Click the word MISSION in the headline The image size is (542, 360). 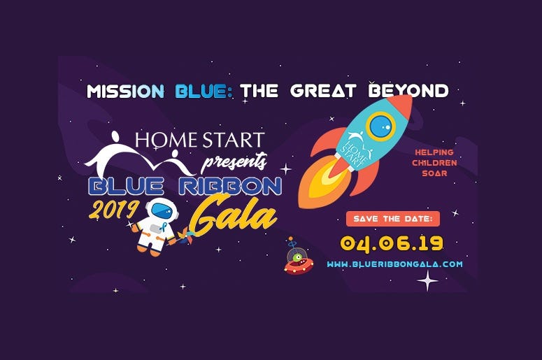(x=125, y=92)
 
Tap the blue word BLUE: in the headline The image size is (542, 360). (x=204, y=92)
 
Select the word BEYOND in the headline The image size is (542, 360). (x=408, y=91)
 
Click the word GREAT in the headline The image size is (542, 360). (x=323, y=91)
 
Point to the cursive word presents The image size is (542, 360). (x=234, y=161)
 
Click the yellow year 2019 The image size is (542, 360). (x=114, y=210)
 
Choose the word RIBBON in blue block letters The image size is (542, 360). (x=230, y=187)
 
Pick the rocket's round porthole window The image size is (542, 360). (x=380, y=126)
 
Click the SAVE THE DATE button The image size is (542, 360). (x=393, y=219)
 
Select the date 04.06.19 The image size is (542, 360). (x=392, y=243)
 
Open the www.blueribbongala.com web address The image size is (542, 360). (x=394, y=264)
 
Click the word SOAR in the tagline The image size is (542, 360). (x=434, y=173)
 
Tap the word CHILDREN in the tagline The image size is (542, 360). (x=434, y=163)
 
